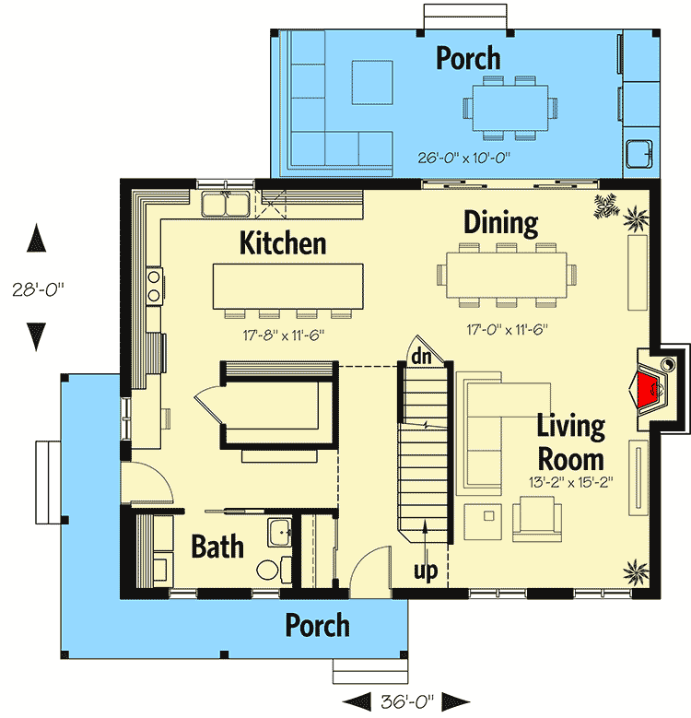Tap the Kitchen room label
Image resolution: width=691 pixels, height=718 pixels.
pos(283,243)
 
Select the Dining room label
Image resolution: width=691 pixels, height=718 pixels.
pos(500,223)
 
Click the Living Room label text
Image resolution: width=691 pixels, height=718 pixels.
pos(571,442)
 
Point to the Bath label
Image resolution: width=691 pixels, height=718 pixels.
pos(217,546)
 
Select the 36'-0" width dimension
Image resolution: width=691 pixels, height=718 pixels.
pos(404,700)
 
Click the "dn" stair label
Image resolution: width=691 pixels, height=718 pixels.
pos(422,356)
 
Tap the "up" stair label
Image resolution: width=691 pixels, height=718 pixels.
pos(425,571)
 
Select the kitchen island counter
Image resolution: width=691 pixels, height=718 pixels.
pos(287,287)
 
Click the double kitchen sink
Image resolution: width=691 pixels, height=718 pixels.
pos(224,203)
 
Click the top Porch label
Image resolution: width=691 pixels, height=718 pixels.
pos(468,58)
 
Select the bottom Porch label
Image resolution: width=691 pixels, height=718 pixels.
pos(317,625)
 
